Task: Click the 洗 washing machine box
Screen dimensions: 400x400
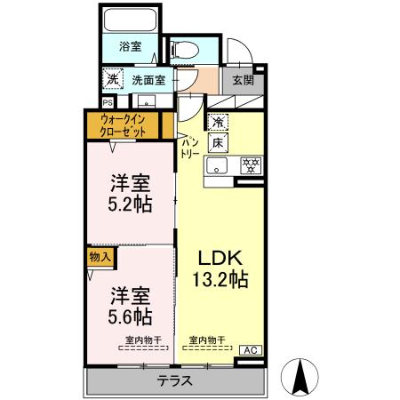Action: pos(112,79)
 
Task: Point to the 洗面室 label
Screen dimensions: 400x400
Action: pos(148,80)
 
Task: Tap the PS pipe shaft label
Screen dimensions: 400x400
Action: pos(107,101)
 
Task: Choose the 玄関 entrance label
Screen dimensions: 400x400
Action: pos(243,79)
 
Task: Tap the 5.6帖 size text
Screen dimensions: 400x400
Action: pos(131,316)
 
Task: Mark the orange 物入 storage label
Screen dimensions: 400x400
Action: pos(100,256)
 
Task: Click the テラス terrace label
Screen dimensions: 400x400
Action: pos(175,381)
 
